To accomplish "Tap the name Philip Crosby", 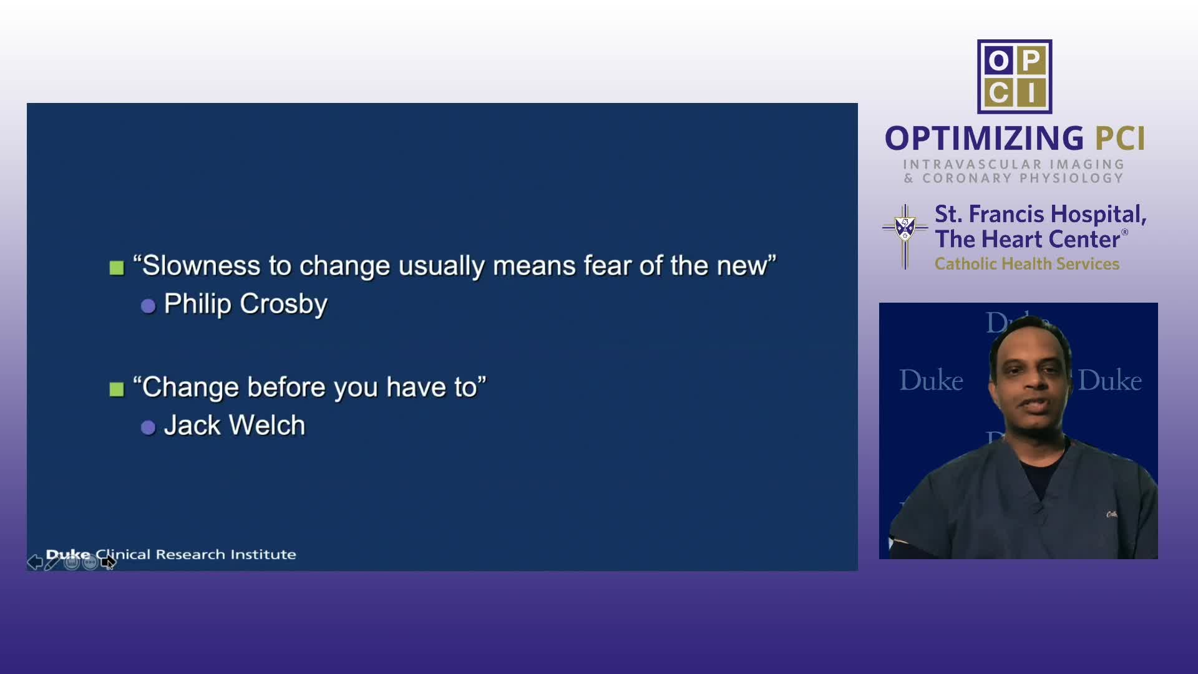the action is [x=245, y=304].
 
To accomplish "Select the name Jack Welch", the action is [x=235, y=426].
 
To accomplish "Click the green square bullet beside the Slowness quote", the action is [x=117, y=268].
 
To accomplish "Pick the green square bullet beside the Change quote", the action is [x=117, y=389].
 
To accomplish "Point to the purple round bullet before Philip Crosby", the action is [x=148, y=306].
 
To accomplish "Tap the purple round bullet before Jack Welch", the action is [x=148, y=427].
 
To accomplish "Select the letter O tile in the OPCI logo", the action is [x=998, y=61].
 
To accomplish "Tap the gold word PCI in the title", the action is [x=1121, y=139].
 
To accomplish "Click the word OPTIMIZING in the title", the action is [x=985, y=139].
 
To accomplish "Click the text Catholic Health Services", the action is [x=1027, y=264].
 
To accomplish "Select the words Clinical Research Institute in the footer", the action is [x=196, y=554].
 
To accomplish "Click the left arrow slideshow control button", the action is [x=35, y=562].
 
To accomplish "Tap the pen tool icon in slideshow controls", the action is [x=52, y=562].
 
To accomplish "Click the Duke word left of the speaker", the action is [x=931, y=380].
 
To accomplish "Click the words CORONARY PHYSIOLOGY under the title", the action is [x=1023, y=178].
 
